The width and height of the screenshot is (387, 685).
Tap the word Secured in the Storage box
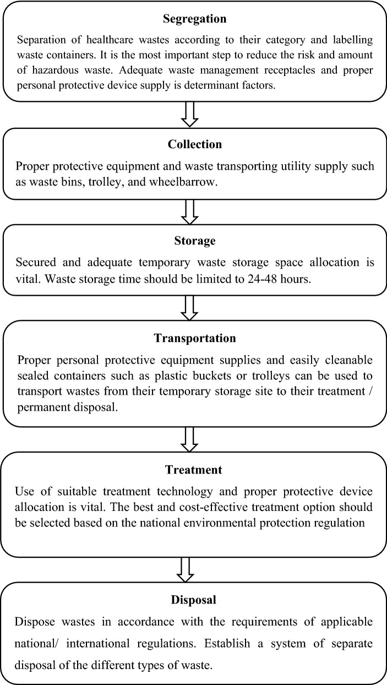click(x=37, y=262)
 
